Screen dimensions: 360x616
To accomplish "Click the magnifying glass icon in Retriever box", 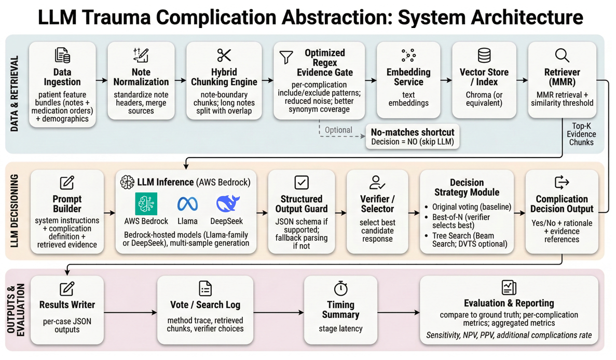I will point(562,55).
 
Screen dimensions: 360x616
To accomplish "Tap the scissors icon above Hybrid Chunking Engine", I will point(224,55).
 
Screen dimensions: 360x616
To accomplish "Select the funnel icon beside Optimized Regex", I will point(286,57).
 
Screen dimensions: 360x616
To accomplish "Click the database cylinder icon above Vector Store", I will point(484,55).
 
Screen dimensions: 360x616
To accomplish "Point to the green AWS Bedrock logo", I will point(146,203).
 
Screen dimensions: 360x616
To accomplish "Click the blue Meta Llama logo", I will point(187,203).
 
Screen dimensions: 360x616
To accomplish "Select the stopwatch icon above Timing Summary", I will point(340,288).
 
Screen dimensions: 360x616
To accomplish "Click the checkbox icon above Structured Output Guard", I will point(302,182).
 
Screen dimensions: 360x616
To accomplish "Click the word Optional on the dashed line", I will point(338,130).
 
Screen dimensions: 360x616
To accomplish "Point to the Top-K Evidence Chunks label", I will point(581,134).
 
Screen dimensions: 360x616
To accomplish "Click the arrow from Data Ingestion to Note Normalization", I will point(102,80).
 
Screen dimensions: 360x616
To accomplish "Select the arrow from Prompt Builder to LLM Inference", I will point(109,213).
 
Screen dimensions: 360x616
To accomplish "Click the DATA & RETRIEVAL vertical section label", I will point(15,93).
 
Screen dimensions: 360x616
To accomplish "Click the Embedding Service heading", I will point(408,77).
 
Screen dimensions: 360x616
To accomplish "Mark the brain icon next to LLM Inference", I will point(127,182).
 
